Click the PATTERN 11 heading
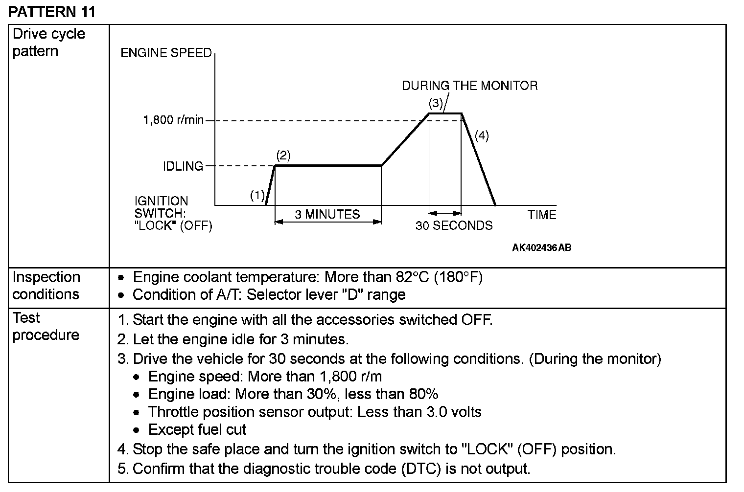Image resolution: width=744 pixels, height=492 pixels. click(x=51, y=11)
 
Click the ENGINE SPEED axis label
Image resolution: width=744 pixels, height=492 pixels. click(x=166, y=53)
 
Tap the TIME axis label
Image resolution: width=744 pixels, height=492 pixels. click(x=542, y=215)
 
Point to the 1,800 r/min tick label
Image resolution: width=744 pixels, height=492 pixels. click(x=173, y=120)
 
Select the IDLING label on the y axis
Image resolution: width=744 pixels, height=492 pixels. click(x=183, y=166)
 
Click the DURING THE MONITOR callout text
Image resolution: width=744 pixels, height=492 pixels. click(x=469, y=86)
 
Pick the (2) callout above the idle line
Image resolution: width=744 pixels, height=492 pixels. click(x=283, y=156)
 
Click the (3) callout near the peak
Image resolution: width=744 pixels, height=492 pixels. click(x=436, y=103)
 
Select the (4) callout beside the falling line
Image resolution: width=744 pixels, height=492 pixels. click(x=482, y=135)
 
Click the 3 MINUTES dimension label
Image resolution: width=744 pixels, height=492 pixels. click(x=327, y=214)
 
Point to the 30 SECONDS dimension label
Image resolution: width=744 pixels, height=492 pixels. click(x=454, y=225)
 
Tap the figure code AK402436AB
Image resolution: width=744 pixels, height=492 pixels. click(x=541, y=247)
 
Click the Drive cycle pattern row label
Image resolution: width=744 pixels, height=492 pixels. click(x=48, y=43)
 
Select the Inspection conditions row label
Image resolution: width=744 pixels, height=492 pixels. click(x=46, y=286)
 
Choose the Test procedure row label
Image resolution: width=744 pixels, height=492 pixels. click(x=46, y=326)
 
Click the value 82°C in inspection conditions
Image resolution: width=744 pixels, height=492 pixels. click(x=411, y=277)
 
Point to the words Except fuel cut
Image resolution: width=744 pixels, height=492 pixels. click(x=197, y=429)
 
